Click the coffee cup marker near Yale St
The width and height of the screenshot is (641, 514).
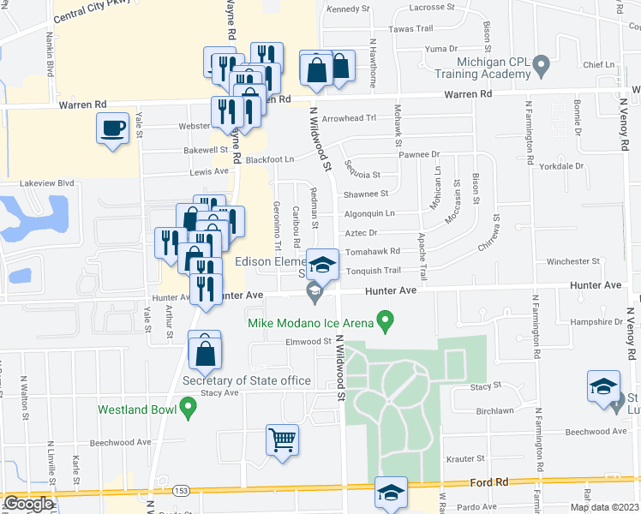click(x=113, y=129)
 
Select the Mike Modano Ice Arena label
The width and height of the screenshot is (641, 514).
click(x=310, y=323)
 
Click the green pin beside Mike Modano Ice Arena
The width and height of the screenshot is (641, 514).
click(x=386, y=323)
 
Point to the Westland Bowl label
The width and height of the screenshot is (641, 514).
click(x=137, y=409)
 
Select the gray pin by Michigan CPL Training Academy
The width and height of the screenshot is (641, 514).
click(x=541, y=63)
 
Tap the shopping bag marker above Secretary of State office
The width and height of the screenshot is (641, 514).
click(x=205, y=350)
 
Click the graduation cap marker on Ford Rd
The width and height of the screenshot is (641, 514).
click(x=392, y=493)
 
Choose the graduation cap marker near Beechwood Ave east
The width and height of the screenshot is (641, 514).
click(x=604, y=387)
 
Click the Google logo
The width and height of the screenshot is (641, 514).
click(x=27, y=504)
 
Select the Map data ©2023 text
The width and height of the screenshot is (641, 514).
click(x=604, y=507)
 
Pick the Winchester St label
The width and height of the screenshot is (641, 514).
click(x=572, y=260)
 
